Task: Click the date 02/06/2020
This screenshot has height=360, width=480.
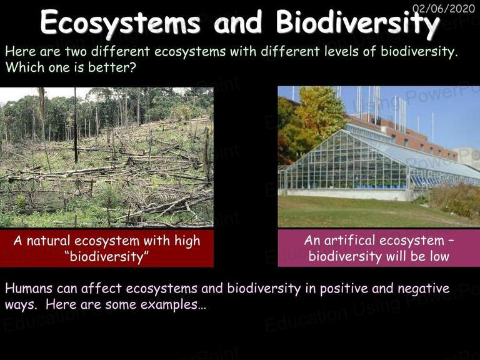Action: (x=444, y=8)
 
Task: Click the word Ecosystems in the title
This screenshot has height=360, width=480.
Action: (x=120, y=22)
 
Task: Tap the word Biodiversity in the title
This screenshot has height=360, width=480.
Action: (x=357, y=23)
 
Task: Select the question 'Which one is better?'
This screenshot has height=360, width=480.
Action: (x=71, y=67)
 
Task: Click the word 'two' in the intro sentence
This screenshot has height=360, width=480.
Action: (x=76, y=51)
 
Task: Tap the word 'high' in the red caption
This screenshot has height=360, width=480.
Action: (x=187, y=241)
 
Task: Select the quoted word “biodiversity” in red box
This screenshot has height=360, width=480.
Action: (x=107, y=256)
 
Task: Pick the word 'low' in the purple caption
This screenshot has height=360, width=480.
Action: (x=439, y=256)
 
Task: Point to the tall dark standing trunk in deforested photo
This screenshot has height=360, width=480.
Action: (x=76, y=125)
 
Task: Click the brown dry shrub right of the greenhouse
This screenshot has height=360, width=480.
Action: (x=454, y=199)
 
